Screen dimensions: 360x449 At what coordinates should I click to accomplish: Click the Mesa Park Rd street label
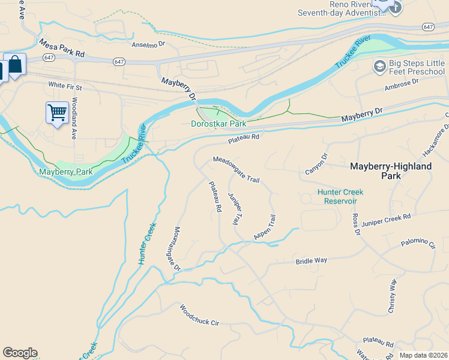pos(62,49)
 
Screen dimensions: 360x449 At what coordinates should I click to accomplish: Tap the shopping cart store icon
pos(57,112)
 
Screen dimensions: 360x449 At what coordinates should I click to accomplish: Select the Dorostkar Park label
pos(218,124)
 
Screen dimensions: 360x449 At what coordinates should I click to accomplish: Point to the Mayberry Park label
pos(66,172)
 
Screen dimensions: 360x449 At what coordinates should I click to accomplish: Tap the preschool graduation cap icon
pos(379,66)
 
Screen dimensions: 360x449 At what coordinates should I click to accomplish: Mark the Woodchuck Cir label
pos(200,314)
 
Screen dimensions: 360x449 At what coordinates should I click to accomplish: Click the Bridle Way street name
pos(311,261)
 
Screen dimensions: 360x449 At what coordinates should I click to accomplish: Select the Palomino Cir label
pos(418,244)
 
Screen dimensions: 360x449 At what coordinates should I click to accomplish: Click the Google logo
pos(20,353)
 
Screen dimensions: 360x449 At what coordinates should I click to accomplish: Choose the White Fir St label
pos(65,86)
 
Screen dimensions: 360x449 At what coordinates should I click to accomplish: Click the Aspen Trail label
pos(265,228)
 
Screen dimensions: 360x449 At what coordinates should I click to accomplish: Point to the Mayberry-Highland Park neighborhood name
pos(390,171)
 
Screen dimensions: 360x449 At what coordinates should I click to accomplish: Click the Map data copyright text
pos(423,355)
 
